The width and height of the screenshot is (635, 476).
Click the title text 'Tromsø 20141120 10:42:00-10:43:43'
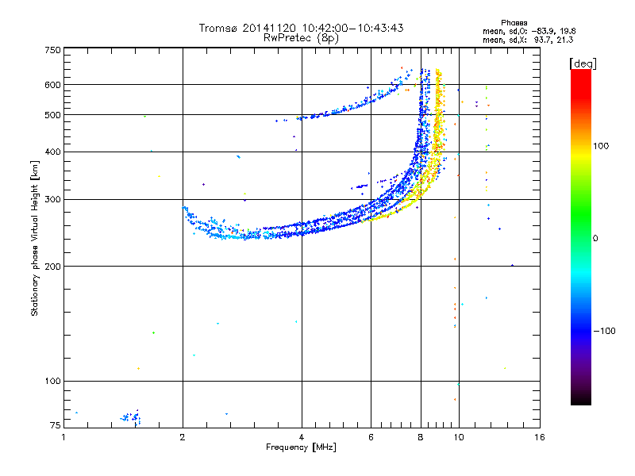tap(301, 28)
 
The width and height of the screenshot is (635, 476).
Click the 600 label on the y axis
tap(52, 84)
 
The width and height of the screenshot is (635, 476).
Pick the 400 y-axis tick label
tap(52, 152)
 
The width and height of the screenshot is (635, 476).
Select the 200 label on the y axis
tap(52, 266)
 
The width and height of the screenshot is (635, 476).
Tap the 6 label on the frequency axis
tap(371, 436)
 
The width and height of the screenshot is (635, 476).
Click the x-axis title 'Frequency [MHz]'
tap(301, 447)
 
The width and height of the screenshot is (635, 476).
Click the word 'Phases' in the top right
tap(514, 22)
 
